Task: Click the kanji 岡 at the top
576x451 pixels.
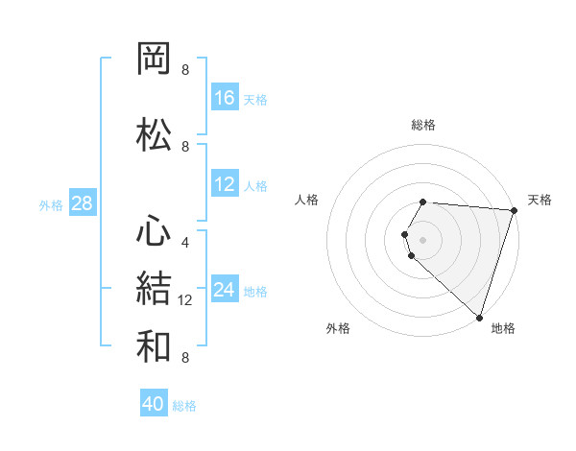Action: pyautogui.click(x=155, y=59)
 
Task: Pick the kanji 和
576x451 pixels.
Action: pyautogui.click(x=155, y=344)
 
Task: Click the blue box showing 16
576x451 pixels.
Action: pyautogui.click(x=225, y=97)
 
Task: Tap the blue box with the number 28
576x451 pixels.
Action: pyautogui.click(x=82, y=202)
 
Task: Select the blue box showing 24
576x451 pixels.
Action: pyautogui.click(x=225, y=290)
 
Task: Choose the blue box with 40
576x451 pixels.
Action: pyautogui.click(x=154, y=404)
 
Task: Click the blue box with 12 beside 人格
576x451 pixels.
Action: pyautogui.click(x=225, y=184)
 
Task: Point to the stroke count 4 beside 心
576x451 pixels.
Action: pyautogui.click(x=185, y=242)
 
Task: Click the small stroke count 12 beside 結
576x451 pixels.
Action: pyautogui.click(x=187, y=300)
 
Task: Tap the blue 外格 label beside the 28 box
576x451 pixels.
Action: pyautogui.click(x=51, y=204)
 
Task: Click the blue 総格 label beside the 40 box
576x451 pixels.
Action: pyautogui.click(x=184, y=406)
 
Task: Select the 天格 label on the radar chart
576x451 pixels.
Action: pyautogui.click(x=540, y=200)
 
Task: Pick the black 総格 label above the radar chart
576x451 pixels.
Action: pyautogui.click(x=423, y=125)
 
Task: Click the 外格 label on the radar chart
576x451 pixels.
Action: pyautogui.click(x=338, y=328)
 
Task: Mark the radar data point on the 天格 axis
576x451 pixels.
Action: pyautogui.click(x=515, y=210)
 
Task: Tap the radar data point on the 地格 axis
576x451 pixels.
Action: pyautogui.click(x=480, y=318)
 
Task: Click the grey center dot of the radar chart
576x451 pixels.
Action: pyautogui.click(x=423, y=239)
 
